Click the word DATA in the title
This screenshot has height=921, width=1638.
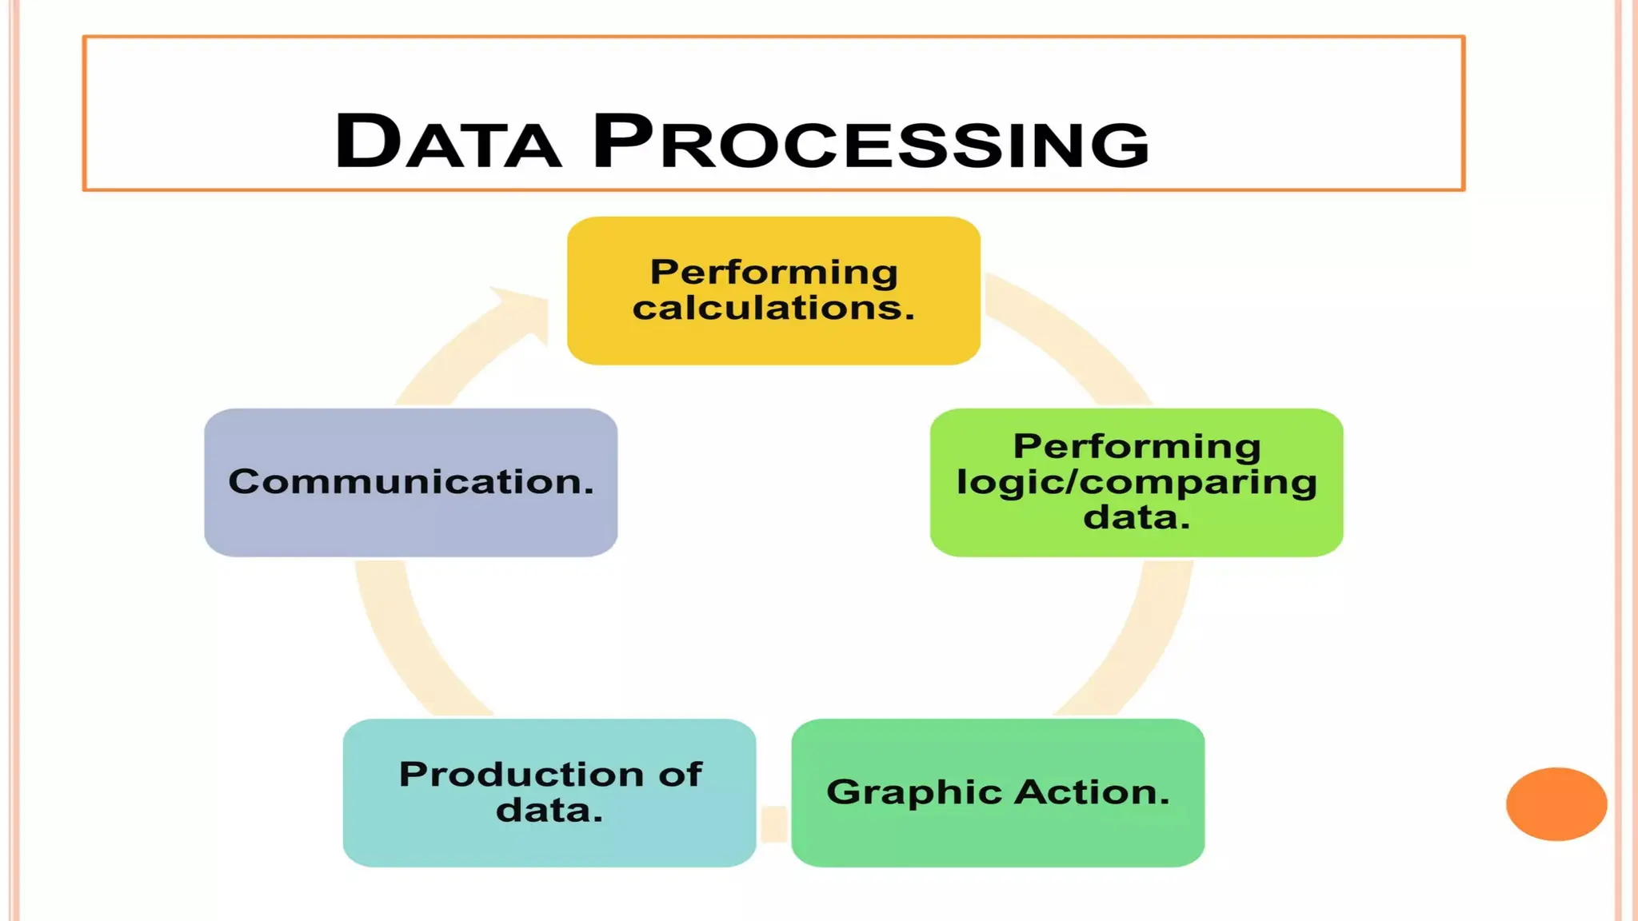click(x=448, y=142)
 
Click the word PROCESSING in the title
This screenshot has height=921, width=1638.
click(x=870, y=142)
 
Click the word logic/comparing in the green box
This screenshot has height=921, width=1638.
click(x=1136, y=482)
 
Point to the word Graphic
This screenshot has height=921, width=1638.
click(x=913, y=792)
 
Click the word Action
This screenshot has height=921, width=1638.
click(x=1093, y=792)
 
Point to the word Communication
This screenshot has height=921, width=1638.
click(x=410, y=481)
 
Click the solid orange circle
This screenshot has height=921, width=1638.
click(x=1556, y=803)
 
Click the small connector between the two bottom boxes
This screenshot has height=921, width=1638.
click(x=773, y=823)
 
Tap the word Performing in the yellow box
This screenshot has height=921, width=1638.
click(x=773, y=272)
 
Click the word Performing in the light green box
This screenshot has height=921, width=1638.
click(x=1136, y=446)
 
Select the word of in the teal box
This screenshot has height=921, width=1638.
click(x=681, y=774)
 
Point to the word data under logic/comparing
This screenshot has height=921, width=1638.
click(x=1136, y=517)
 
